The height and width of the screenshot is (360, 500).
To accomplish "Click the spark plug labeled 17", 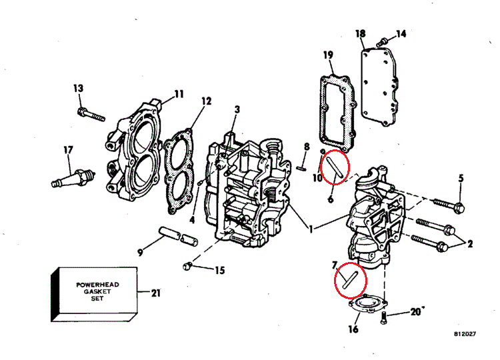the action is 73,178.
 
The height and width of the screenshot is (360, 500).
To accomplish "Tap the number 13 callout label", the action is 78,88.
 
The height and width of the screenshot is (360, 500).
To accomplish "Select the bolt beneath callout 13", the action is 91,115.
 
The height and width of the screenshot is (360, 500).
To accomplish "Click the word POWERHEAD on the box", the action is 97,285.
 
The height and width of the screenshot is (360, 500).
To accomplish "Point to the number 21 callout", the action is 155,293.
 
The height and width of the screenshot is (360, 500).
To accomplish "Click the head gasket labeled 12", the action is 179,171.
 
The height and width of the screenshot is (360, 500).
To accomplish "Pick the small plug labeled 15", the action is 187,266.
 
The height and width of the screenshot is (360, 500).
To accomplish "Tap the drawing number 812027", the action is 465,334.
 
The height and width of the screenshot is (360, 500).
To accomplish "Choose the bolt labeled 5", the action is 449,205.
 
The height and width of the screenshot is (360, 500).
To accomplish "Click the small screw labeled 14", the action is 383,41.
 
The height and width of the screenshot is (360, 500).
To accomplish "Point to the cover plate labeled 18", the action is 379,86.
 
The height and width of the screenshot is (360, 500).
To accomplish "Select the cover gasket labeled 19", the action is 337,111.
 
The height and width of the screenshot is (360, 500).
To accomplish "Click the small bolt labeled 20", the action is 384,318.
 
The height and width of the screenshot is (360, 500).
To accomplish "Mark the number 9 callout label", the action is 140,253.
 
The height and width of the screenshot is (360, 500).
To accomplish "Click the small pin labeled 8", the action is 301,168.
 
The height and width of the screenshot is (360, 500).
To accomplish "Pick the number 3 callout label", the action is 237,110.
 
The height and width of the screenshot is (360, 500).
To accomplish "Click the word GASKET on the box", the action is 97,291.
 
